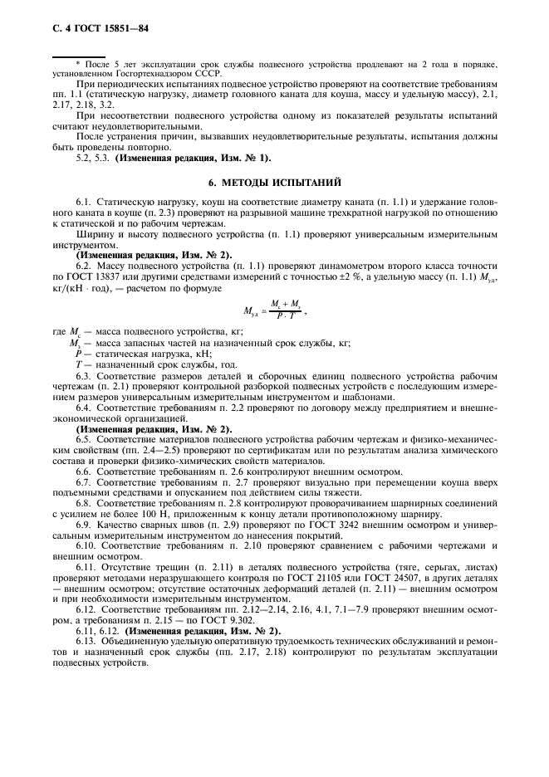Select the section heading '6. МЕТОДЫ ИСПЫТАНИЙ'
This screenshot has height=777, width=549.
coord(273,181)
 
